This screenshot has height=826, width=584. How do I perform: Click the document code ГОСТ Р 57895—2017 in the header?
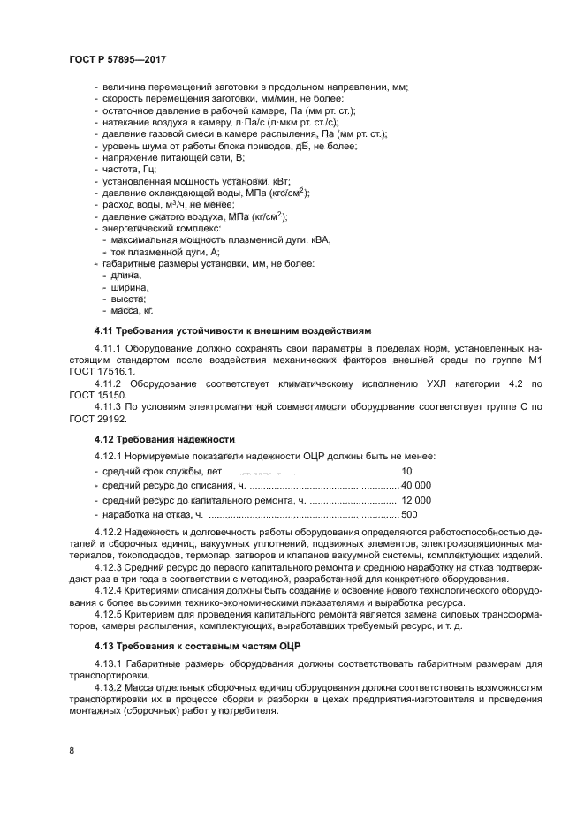pos(118,58)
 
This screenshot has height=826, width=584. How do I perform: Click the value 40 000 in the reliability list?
pos(415,485)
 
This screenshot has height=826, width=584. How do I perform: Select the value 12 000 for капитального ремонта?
pos(415,499)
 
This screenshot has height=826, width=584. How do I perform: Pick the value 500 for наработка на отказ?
pos(409,514)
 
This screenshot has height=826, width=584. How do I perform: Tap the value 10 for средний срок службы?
pos(406,471)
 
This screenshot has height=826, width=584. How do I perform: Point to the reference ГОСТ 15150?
pos(97,392)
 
